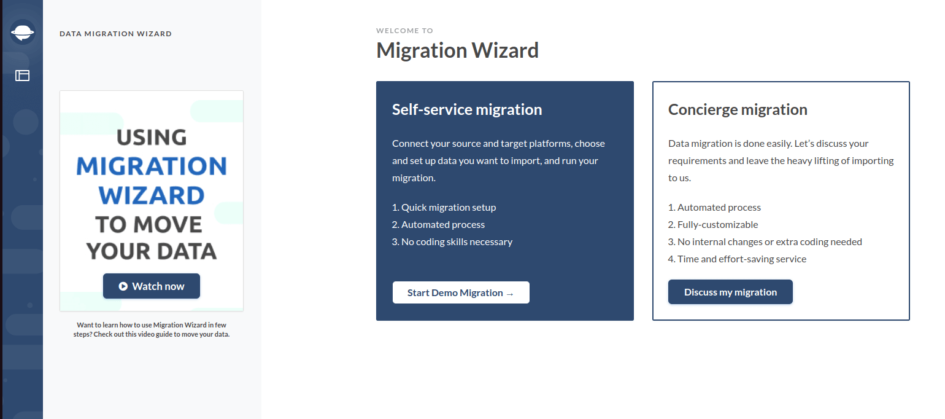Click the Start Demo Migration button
coord(461,292)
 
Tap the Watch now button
coord(152,286)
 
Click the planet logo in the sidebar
coord(22,32)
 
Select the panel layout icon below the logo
coord(22,76)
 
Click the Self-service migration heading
coord(467,109)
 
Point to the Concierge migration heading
coord(738,109)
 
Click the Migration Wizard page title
coord(457,50)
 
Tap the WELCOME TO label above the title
coord(404,31)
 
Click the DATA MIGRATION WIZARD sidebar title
coord(115,34)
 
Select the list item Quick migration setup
coord(444,208)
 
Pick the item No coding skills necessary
coord(452,241)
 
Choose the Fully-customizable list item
coord(713,225)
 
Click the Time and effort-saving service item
coord(737,259)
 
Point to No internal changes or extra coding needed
coord(765,241)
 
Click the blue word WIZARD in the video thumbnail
coord(152,195)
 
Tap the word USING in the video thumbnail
coord(152,137)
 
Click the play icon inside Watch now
coord(123,286)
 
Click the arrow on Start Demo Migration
coord(509,294)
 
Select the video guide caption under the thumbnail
coord(152,329)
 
